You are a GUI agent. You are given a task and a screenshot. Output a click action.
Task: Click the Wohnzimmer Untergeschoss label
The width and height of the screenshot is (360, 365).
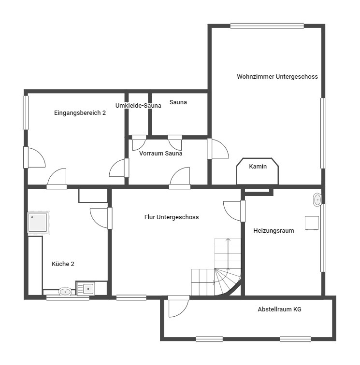[x=277, y=77]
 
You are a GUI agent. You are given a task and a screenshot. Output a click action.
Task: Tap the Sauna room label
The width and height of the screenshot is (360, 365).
[x=178, y=102]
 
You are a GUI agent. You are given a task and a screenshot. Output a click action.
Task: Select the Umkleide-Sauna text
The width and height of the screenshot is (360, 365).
[x=138, y=105]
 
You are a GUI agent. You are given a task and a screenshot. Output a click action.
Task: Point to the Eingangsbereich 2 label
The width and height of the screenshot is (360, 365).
[x=80, y=113]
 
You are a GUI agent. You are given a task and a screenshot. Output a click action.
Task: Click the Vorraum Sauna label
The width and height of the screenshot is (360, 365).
[x=160, y=154]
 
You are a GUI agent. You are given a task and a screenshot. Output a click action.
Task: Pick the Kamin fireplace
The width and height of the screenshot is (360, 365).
[x=258, y=171]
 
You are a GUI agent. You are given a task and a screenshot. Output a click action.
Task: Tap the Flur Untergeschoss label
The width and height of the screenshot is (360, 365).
[x=172, y=217]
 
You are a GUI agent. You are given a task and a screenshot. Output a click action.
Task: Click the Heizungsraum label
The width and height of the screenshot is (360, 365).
[x=274, y=231]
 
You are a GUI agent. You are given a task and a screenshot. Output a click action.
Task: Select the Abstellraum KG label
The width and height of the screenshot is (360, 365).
[x=279, y=309]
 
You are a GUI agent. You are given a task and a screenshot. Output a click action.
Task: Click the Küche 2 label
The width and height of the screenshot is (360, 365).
[x=63, y=264]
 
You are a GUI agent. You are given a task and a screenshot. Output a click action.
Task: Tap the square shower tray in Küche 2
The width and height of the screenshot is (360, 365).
[x=38, y=222]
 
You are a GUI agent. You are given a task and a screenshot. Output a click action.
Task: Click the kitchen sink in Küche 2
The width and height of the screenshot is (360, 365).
[x=86, y=289]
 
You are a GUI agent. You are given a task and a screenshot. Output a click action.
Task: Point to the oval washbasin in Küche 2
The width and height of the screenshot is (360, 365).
[x=65, y=292]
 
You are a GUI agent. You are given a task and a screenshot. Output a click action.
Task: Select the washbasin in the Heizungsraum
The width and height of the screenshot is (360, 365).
[x=317, y=200]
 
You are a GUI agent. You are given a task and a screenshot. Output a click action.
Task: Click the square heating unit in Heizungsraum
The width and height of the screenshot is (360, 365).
[x=312, y=223]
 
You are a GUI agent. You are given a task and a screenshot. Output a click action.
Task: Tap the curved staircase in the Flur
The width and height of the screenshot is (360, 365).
[x=216, y=267]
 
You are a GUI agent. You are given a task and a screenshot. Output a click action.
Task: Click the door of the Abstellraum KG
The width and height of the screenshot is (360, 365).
[x=178, y=306]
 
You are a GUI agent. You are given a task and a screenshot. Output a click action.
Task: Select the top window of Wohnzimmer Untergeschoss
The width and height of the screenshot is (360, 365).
[x=267, y=26]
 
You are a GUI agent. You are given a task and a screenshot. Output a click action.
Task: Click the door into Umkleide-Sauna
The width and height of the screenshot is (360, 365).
[x=139, y=142]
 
